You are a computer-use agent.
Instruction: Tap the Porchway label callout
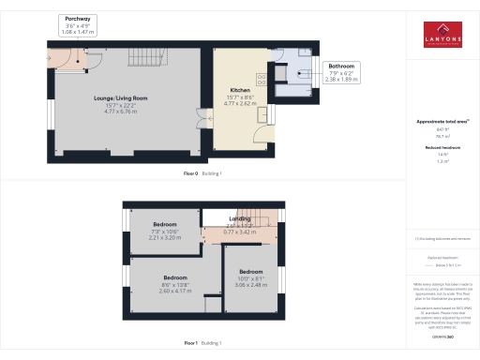click(79, 25)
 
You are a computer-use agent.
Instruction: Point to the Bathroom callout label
click(340, 73)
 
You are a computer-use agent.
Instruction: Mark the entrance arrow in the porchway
click(49, 63)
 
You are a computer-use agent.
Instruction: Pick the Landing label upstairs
click(239, 222)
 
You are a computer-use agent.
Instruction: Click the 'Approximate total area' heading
click(436, 122)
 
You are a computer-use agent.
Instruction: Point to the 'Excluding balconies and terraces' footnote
click(437, 239)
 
